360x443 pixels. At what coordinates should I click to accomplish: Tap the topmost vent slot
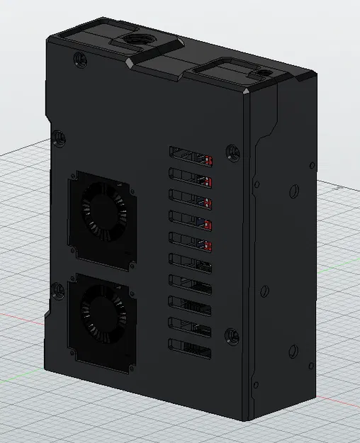[x=191, y=154]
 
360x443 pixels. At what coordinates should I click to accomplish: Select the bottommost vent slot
[x=191, y=347]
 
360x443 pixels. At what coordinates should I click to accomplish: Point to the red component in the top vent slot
[x=208, y=159]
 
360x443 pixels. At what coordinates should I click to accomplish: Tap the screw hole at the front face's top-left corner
[x=77, y=60]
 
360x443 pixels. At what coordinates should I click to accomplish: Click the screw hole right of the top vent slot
[x=230, y=150]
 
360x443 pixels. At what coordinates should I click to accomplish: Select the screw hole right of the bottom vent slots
[x=230, y=335]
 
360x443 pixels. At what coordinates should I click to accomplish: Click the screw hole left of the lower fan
[x=55, y=288]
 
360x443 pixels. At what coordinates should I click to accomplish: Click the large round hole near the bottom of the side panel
[x=292, y=352]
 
